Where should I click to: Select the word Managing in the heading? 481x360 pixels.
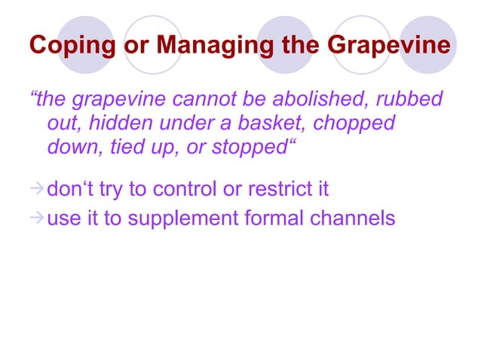[205, 46]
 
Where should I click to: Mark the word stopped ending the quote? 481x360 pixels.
[253, 148]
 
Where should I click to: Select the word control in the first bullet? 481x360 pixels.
[182, 188]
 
